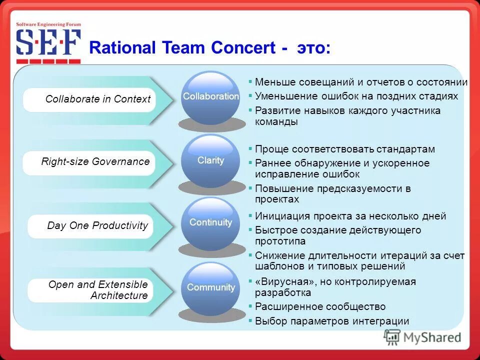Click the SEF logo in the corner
tap(48, 44)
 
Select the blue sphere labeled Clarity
tap(210, 160)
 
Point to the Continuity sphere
tap(210, 223)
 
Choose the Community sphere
tap(210, 288)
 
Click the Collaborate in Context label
tap(97, 99)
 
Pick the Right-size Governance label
tap(95, 161)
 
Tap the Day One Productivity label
tap(97, 225)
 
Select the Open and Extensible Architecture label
tap(97, 290)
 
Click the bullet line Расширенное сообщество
tap(320, 306)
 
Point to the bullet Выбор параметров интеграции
tap(332, 321)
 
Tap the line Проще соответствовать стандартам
tap(345, 149)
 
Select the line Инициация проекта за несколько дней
tap(350, 216)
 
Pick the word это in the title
tap(313, 48)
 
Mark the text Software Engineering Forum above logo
tap(48, 24)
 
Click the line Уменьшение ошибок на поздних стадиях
tap(356, 96)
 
